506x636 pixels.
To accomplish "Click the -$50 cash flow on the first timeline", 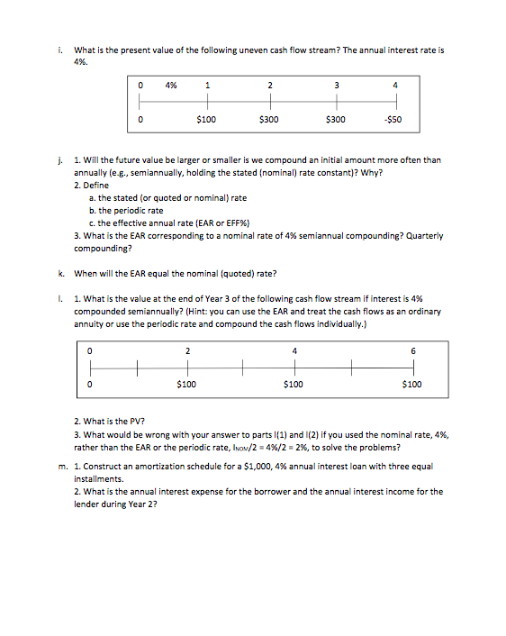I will (393, 118).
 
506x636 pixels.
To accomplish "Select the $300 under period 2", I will (268, 118).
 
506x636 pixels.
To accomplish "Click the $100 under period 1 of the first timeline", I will (206, 118).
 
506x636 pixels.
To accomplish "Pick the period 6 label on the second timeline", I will (413, 350).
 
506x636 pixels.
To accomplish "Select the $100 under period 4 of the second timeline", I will (293, 384).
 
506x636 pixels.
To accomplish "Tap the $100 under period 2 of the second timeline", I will (186, 384).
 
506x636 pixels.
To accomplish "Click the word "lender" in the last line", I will (87, 504).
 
